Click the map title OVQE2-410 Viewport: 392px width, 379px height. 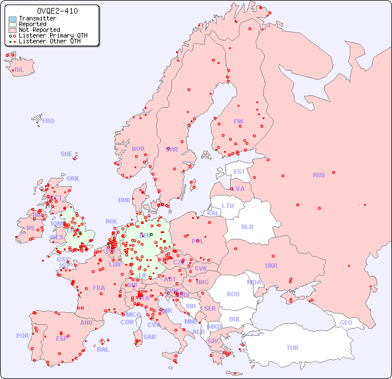point(57,11)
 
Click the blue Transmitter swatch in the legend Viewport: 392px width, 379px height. point(13,19)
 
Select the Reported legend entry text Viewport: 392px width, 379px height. point(32,25)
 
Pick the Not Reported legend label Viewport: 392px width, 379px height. point(39,30)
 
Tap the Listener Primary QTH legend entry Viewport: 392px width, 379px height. point(53,35)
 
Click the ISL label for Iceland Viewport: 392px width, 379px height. point(19,70)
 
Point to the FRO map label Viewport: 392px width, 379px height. point(48,121)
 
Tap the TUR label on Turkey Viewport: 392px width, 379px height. point(292,348)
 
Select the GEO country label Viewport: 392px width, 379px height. point(346,323)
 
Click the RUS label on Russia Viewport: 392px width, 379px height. point(318,175)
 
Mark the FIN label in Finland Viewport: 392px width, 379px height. point(238,121)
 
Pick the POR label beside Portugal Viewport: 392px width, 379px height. point(22,336)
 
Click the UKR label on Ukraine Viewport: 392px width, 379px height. point(271,266)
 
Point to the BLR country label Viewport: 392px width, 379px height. point(247,226)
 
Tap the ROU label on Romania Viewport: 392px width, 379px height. point(233,294)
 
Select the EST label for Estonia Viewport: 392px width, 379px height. point(239,172)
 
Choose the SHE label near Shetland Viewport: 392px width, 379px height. point(66,154)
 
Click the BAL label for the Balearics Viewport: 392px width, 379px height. point(103,349)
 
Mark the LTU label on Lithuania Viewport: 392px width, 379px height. point(228,206)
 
